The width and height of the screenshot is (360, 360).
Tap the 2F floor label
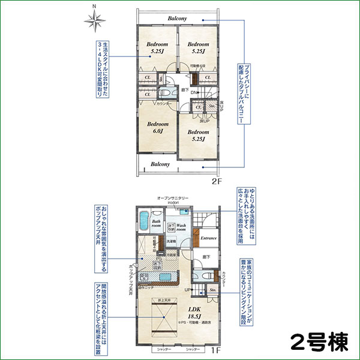pos(217,179)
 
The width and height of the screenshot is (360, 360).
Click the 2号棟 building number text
pos(317,343)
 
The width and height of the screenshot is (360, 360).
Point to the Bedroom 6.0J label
pos(158,127)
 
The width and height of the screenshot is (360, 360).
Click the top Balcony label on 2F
pos(178,19)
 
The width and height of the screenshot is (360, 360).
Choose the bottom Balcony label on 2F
pos(160,164)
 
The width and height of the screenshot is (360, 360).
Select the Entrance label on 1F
pos(208,238)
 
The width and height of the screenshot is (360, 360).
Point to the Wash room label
pos(185,227)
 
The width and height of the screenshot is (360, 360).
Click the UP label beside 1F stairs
pos(187,290)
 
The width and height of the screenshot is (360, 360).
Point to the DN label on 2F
pos(194,93)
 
